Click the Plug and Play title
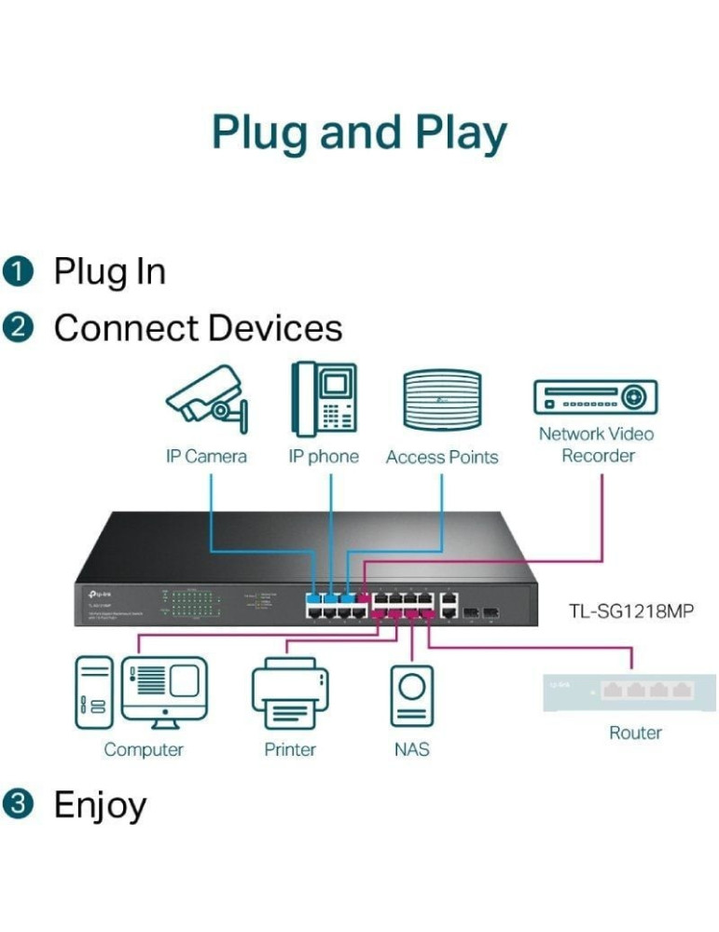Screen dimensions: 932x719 [x=359, y=132]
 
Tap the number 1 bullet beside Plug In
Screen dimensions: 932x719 [x=18, y=272]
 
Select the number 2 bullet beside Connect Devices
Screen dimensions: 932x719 [x=18, y=329]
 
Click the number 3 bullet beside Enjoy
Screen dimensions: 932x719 [x=18, y=804]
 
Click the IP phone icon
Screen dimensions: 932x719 [x=323, y=399]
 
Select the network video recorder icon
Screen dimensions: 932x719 [x=595, y=396]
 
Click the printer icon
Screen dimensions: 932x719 [x=290, y=692]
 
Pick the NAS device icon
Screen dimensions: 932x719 [x=411, y=695]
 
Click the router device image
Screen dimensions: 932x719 [x=631, y=691]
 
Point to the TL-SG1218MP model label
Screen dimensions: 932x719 [x=631, y=612]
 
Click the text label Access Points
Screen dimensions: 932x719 [x=442, y=458]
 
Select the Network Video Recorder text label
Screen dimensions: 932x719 [x=597, y=445]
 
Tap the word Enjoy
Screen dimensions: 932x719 [x=100, y=804]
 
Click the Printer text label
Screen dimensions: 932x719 [x=290, y=749]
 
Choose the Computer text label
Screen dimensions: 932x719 [x=144, y=749]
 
